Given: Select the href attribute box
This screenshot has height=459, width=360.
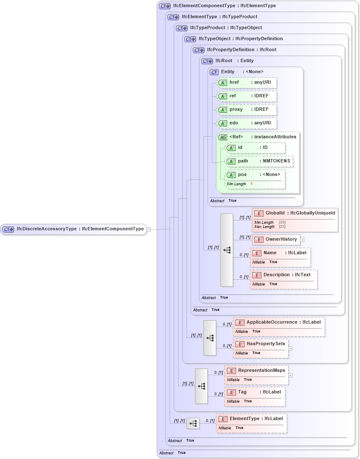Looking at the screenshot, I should point(247,82).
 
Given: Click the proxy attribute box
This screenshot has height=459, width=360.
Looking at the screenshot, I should point(247,110).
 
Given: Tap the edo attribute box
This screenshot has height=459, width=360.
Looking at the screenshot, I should point(247,123).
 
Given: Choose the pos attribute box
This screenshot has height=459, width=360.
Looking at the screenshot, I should point(255,175).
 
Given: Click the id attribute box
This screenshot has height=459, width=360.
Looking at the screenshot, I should point(255,148).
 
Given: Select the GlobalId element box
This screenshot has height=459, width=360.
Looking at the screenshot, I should point(295,213).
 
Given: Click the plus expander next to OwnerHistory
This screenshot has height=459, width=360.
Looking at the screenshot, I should point(302,239).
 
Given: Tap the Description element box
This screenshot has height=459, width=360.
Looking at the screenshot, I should point(283,275).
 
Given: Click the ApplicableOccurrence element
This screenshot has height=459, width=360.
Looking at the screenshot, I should point(279,322).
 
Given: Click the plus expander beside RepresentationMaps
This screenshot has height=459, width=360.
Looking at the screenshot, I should point(290,375).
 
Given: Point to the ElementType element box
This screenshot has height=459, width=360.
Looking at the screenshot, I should point(251,419).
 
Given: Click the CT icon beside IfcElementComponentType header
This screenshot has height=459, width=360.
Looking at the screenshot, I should point(165,6).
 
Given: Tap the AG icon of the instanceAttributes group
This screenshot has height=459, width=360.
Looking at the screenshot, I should point(222,137).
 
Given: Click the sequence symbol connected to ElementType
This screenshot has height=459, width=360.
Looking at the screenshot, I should point(193,423).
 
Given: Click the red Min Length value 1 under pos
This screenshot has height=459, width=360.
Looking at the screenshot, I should point(251,184).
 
